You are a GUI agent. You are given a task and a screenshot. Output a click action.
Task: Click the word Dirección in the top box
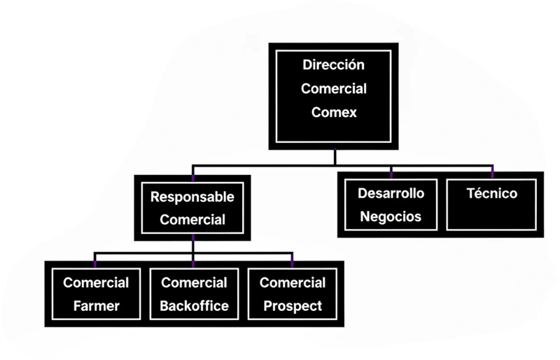[x=334, y=65]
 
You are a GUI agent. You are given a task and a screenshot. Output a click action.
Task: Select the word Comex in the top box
[x=334, y=112]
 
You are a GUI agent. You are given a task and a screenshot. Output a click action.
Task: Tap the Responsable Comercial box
[x=192, y=208]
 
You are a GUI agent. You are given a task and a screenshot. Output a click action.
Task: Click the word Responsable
[x=192, y=197]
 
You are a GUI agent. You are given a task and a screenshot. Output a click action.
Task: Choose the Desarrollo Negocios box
[x=391, y=205]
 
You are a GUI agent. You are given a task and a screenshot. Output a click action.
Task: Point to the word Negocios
[x=391, y=216]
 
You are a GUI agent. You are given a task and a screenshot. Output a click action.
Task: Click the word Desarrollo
[x=391, y=193]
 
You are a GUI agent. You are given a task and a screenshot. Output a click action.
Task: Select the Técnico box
[x=492, y=205]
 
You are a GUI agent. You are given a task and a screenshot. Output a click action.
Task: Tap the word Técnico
[x=492, y=193]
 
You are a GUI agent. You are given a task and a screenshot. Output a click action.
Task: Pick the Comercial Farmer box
[x=96, y=294]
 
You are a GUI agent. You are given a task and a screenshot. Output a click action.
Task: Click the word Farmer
[x=96, y=306]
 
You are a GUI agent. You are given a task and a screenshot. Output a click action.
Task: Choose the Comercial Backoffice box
[x=194, y=294]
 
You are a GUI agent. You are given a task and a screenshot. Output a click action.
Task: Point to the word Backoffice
[x=194, y=306]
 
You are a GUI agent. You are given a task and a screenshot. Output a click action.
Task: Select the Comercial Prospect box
[x=292, y=294]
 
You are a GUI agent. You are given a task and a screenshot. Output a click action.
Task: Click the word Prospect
[x=292, y=306]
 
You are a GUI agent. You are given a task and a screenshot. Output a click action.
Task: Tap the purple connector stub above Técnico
[x=492, y=170]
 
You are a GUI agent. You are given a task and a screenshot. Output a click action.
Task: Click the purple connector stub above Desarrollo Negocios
[x=391, y=170]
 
